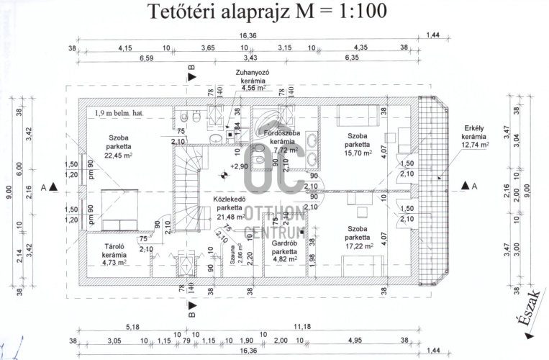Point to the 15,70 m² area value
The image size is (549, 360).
point(358,153)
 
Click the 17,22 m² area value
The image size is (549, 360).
point(358,246)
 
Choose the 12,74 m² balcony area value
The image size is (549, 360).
point(473,144)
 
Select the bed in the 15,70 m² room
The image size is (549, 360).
point(355,114)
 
